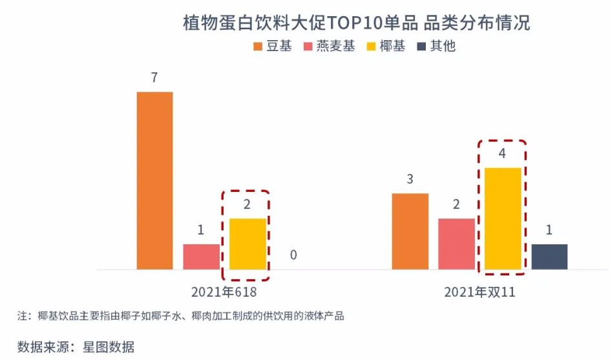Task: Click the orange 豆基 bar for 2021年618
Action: pos(154,180)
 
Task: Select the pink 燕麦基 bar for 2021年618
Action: pos(201,257)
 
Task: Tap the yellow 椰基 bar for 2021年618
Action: pos(247,244)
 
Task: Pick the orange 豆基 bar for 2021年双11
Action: pos(410,231)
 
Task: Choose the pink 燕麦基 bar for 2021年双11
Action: pos(456,244)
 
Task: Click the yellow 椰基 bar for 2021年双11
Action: pos(503,218)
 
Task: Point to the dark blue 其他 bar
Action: pos(549,257)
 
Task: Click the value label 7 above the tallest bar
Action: pos(154,78)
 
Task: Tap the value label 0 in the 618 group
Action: pos(293,255)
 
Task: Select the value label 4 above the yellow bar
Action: pos(503,154)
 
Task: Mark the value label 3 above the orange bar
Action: pos(410,180)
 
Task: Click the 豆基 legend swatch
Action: pos(258,47)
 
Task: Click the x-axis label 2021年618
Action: pos(224,292)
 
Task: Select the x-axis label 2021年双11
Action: pos(479,292)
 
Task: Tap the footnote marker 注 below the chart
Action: pos(23,317)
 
